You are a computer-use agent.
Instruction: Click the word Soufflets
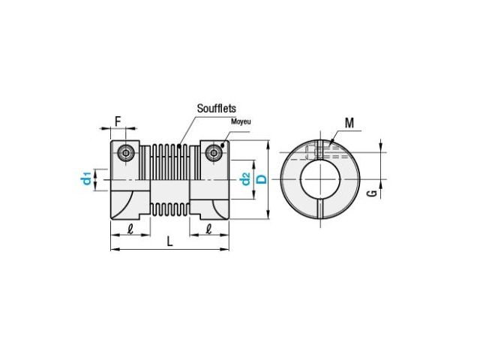(217, 108)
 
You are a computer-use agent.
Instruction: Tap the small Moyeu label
(241, 121)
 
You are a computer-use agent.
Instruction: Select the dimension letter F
(118, 121)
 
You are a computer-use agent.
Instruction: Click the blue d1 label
(87, 178)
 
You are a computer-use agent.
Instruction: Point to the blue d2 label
(245, 179)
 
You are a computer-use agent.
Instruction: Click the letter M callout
(349, 123)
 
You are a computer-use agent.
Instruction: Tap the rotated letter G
(372, 193)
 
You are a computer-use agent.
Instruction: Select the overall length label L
(170, 241)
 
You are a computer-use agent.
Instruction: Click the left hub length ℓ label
(130, 229)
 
